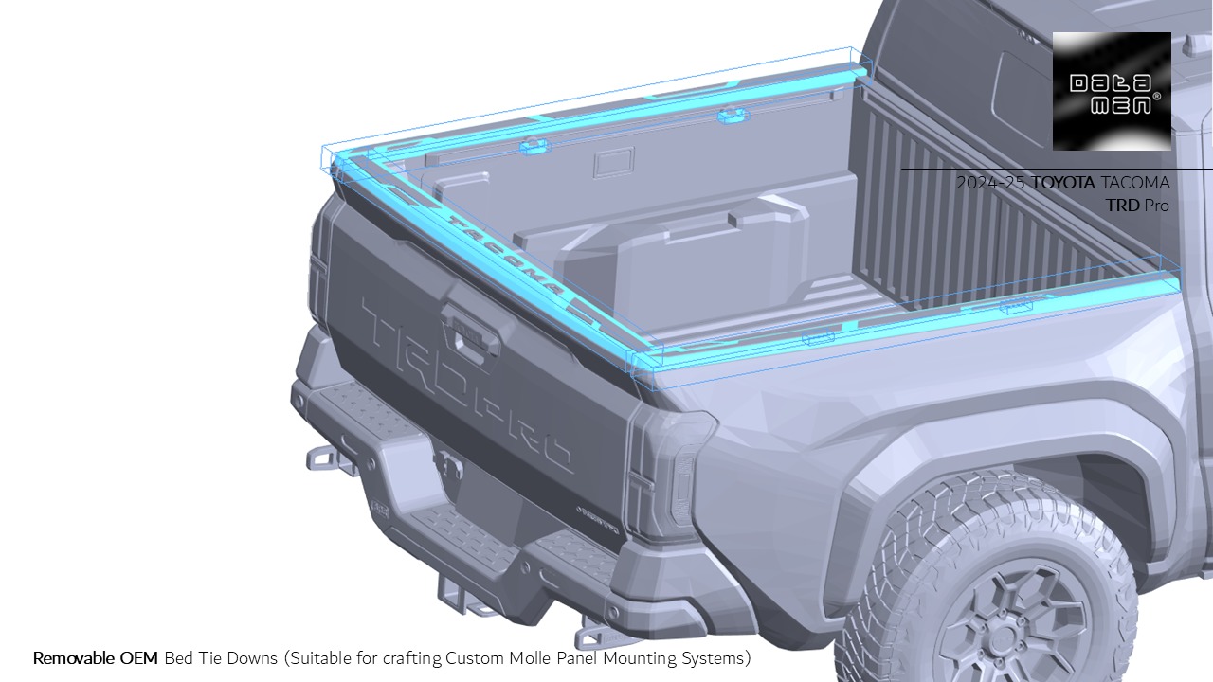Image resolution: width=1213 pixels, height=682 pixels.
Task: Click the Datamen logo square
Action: (x=1112, y=91)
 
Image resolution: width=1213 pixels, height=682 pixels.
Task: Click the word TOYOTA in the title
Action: (x=1063, y=183)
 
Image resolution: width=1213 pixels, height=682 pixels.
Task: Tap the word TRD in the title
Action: (x=1122, y=206)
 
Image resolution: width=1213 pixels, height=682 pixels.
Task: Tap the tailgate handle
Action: (x=468, y=332)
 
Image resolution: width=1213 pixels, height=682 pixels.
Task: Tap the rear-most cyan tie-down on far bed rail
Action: (x=534, y=146)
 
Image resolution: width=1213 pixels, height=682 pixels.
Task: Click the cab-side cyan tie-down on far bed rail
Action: (x=732, y=116)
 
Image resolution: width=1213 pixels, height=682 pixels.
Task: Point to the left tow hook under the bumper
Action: (x=323, y=460)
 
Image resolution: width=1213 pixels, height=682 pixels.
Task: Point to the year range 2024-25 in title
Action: (x=989, y=183)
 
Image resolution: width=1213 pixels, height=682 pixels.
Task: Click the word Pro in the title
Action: (x=1157, y=206)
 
